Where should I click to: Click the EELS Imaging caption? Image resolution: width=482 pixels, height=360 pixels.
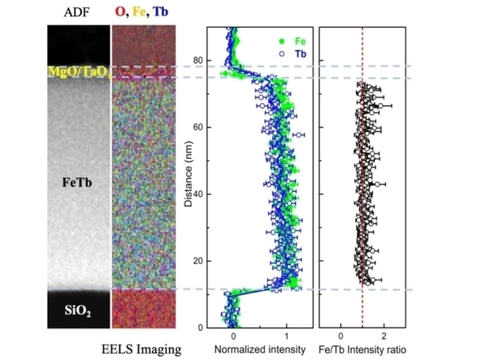click(x=142, y=349)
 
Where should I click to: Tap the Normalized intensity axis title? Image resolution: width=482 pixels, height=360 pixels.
click(x=260, y=350)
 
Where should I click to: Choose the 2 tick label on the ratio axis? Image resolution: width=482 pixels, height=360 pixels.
click(x=384, y=337)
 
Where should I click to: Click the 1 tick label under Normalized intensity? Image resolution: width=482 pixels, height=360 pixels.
click(x=286, y=337)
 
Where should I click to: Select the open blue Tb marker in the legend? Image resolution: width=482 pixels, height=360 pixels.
click(x=283, y=54)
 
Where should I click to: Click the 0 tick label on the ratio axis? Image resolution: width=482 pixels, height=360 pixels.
click(x=341, y=337)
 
